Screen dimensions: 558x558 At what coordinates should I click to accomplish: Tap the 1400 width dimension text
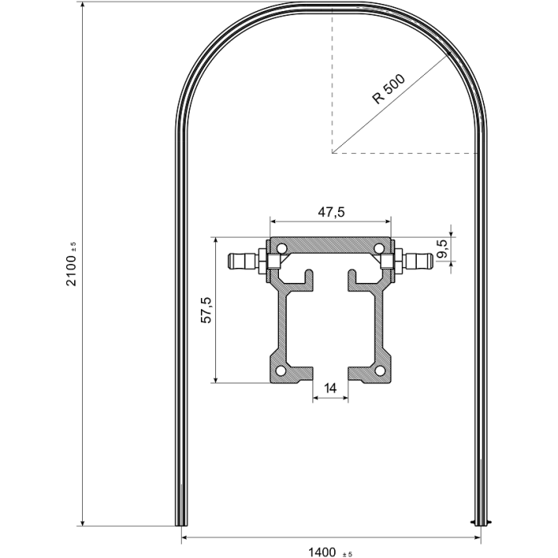point(323,550)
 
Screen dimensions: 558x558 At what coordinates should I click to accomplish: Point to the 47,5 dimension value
point(331,212)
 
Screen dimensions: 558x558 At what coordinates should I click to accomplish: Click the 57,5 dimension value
point(205,309)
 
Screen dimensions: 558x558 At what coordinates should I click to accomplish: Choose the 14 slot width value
point(331,388)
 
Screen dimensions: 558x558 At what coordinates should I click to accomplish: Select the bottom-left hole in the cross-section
point(281,372)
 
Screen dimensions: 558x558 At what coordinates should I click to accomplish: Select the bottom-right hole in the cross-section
point(380,372)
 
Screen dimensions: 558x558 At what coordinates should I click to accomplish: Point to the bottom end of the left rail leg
point(181,522)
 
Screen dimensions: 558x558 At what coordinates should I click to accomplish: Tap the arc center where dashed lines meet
point(331,152)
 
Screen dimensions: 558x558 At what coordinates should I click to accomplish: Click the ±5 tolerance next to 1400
point(348,552)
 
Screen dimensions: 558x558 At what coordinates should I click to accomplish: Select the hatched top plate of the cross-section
point(331,246)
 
